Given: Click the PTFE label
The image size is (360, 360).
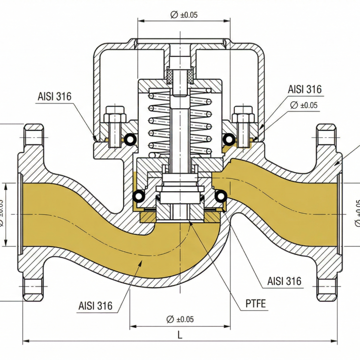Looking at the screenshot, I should pos(255,303).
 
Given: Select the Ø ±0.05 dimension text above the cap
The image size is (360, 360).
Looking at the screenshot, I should pos(184,15).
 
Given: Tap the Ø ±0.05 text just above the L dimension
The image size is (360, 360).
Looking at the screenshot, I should pos(180,319).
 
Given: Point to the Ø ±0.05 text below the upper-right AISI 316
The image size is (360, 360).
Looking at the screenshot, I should pos(304,105).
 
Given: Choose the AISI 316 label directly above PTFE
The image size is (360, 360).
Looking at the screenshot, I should pos(284,281).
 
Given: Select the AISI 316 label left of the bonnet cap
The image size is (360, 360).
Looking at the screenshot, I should pos(54,97).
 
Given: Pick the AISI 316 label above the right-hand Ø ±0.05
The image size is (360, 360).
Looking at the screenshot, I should pos(305,89).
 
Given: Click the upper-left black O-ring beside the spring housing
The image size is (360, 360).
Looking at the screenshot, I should pos(130,139).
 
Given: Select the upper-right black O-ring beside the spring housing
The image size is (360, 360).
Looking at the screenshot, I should pos(228,139).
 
